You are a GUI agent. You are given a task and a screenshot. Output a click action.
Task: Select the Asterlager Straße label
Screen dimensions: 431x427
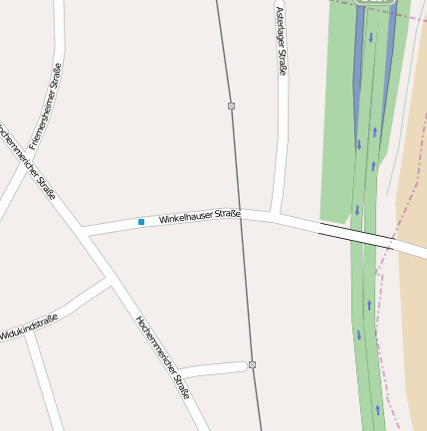[x=281, y=41]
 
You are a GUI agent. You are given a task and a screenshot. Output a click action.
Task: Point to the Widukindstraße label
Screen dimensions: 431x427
[x=29, y=325]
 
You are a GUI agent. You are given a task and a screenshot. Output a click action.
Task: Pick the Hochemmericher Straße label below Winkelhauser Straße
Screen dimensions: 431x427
[x=162, y=358]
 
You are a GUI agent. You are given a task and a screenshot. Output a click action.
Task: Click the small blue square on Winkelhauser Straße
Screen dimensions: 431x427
[x=141, y=221]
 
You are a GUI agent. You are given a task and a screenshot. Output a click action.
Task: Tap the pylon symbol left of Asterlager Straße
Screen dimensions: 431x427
[x=231, y=106]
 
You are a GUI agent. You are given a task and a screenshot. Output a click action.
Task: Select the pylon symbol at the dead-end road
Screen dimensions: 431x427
[x=253, y=365]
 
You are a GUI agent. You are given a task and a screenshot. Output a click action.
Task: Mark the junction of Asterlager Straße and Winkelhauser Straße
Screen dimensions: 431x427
[x=276, y=213]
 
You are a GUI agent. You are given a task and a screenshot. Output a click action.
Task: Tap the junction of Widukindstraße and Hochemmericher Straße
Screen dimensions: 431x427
[x=110, y=283]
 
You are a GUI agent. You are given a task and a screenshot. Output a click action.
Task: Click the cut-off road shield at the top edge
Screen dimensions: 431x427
[x=375, y=3]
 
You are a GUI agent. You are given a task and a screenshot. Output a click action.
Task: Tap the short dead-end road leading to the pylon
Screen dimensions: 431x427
[x=213, y=370]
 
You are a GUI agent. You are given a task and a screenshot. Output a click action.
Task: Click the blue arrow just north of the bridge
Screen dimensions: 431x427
[x=357, y=210]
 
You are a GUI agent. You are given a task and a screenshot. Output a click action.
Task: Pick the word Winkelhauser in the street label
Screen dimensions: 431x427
[x=184, y=215]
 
